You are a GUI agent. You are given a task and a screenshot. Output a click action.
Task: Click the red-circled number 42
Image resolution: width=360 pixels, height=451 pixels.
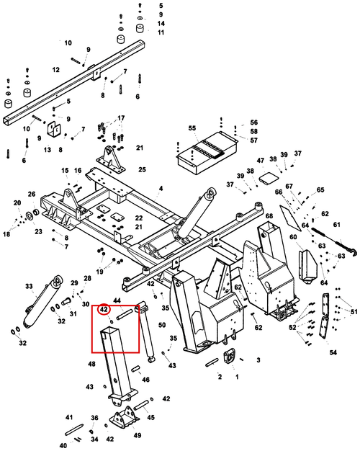104,310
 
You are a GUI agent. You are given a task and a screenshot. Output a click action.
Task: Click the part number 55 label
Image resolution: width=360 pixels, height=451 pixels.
192,128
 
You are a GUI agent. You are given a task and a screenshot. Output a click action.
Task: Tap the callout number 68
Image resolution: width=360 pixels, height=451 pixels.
269,216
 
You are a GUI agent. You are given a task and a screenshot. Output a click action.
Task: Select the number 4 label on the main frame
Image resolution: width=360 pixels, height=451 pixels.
161,188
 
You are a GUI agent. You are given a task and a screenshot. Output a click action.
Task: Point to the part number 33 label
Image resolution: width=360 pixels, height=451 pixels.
29,286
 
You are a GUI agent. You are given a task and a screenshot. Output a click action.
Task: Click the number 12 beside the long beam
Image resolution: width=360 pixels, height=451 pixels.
55,70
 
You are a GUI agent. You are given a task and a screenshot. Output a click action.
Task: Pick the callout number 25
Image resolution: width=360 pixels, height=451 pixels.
142,169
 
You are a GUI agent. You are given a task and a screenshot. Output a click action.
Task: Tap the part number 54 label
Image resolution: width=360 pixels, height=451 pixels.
333,352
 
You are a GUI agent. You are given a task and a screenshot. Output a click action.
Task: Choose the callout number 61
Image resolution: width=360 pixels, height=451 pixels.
336,224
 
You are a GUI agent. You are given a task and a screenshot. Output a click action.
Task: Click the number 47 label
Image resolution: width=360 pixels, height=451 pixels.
261,160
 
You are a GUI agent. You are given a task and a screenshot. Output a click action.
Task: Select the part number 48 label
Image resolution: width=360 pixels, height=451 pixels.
91,364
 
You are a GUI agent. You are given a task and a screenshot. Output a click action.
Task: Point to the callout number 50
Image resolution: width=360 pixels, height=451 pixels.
162,325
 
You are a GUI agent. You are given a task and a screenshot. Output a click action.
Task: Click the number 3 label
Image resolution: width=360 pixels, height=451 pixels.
258,360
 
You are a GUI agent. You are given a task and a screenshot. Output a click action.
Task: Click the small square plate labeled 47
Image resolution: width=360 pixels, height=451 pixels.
269,177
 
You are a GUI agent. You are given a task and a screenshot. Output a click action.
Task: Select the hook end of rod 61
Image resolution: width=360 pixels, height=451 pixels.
353,251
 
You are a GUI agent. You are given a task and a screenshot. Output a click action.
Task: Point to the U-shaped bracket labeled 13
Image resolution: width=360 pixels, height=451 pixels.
54,131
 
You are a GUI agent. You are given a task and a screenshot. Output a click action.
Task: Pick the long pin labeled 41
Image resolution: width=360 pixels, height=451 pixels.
74,429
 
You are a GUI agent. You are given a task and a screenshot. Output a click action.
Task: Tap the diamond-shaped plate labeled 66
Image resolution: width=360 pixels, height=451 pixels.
290,218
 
